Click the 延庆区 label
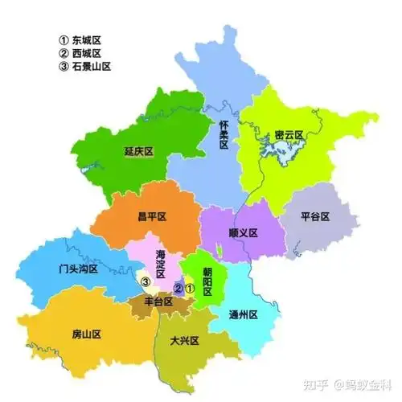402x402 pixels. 138,150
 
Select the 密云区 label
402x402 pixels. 287,133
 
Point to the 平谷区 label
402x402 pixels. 326,215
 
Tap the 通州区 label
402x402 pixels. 242,314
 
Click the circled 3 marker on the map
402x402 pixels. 146,282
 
